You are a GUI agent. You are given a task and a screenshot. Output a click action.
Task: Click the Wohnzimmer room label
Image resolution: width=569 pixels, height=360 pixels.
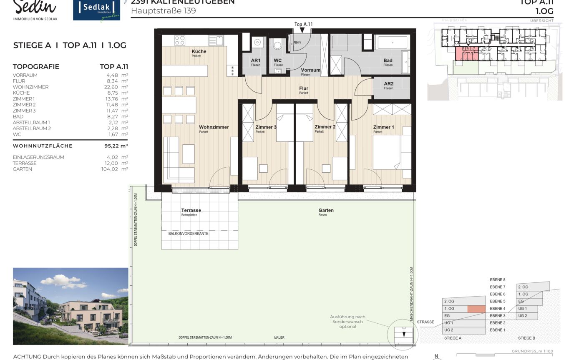tap(214, 127)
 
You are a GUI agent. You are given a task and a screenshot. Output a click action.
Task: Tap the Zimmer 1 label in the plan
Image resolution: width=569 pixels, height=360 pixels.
tap(383, 127)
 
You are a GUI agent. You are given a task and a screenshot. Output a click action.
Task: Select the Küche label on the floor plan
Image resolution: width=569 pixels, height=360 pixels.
tap(199, 51)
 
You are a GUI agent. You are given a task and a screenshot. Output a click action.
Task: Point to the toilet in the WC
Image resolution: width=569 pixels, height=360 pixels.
tap(278, 45)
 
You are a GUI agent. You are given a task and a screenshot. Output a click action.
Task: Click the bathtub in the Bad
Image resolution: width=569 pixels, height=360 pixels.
tap(392, 42)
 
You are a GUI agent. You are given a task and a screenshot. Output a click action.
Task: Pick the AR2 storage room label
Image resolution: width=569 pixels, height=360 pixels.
tap(388, 84)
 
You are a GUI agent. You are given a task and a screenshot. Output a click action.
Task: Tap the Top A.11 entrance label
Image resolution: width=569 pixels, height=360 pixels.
tap(303, 25)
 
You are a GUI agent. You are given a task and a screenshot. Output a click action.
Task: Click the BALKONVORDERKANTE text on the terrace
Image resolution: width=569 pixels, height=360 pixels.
tap(188, 234)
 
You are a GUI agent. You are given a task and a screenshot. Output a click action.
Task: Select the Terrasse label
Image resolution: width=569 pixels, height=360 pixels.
tap(191, 210)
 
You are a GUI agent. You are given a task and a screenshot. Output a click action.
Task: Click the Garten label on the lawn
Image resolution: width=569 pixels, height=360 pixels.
tap(325, 210)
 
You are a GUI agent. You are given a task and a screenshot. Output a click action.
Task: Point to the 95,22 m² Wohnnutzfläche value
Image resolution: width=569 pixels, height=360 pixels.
tap(116, 146)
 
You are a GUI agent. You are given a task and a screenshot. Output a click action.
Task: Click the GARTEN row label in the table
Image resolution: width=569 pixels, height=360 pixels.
tap(22, 169)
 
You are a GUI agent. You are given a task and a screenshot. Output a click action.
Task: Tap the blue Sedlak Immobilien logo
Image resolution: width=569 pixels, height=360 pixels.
tap(96, 10)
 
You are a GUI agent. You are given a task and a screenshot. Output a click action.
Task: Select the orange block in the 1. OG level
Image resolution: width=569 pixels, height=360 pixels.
tap(476, 309)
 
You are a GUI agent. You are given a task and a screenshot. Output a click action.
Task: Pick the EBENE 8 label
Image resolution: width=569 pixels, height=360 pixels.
tap(497, 280)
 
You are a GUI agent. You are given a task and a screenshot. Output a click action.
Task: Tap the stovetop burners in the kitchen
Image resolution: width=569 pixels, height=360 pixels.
tap(179, 40)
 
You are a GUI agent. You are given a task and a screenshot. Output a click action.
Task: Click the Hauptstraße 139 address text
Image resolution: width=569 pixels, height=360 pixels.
tap(163, 11)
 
